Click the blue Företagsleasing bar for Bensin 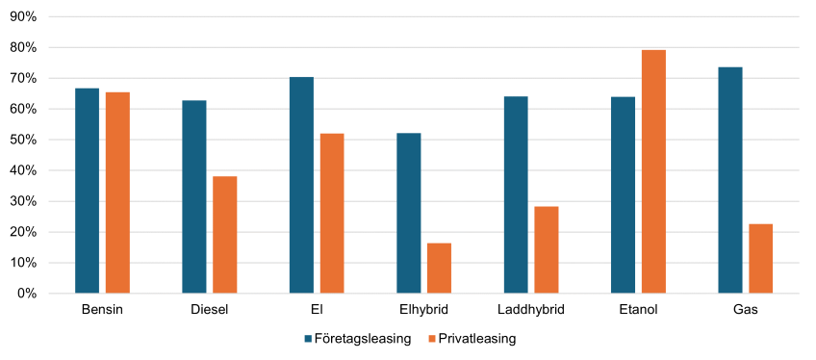[x=87, y=191]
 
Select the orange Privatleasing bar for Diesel [x=225, y=235]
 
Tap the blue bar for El [x=301, y=185]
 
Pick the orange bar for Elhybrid [x=439, y=269]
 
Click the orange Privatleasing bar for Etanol [x=653, y=171]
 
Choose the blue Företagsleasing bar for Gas [x=730, y=181]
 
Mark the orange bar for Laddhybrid [x=547, y=250]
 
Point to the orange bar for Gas [x=761, y=259]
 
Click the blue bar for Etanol [x=623, y=195]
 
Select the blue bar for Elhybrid [x=409, y=214]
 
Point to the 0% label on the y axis [x=28, y=294]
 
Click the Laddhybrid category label [x=531, y=311]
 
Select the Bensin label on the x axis [x=103, y=311]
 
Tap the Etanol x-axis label [x=639, y=311]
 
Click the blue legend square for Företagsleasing [x=308, y=339]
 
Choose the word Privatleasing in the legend [x=477, y=339]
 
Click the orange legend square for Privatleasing [x=431, y=339]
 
